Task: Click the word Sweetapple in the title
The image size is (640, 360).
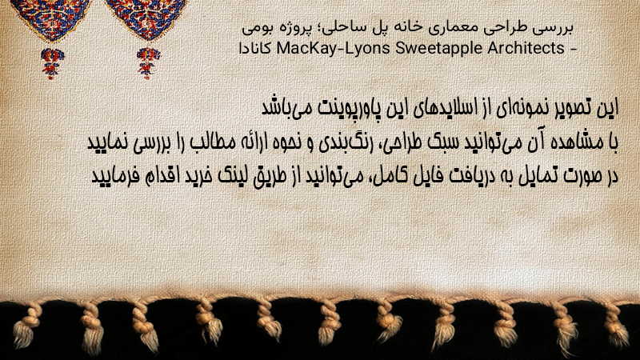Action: (439, 48)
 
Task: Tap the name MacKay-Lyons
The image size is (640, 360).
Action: (334, 48)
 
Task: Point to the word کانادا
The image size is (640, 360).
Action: (255, 49)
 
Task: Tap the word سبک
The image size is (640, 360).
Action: (442, 142)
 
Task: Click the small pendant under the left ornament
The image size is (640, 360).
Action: (51, 62)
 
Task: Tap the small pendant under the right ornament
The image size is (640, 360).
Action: (148, 62)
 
